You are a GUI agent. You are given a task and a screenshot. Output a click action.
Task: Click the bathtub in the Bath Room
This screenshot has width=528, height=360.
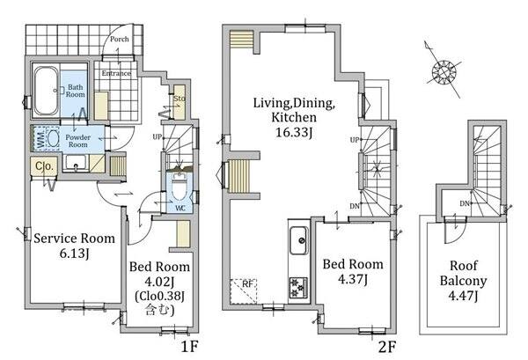pyautogui.click(x=46, y=91)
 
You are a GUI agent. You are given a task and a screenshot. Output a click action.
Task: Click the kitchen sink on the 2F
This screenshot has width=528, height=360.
pyautogui.click(x=298, y=241)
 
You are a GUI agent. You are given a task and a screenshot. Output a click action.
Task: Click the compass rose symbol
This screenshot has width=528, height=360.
pyautogui.click(x=444, y=72)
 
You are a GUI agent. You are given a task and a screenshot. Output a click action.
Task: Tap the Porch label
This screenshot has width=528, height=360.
pyautogui.click(x=119, y=39)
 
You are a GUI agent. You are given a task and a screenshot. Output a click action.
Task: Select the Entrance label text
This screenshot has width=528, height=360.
pyautogui.click(x=116, y=73)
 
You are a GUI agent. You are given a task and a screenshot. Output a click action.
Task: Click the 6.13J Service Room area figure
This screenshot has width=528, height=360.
pyautogui.click(x=74, y=253)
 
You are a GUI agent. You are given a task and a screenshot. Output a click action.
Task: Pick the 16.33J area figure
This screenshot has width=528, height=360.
pyautogui.click(x=294, y=132)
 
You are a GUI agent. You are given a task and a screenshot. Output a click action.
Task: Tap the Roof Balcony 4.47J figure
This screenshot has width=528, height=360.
pyautogui.click(x=463, y=296)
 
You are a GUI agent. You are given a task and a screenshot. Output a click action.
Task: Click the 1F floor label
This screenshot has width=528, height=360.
pyautogui.click(x=189, y=346)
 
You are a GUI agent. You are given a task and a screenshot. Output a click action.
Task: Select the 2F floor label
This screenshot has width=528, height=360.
pyautogui.click(x=387, y=347)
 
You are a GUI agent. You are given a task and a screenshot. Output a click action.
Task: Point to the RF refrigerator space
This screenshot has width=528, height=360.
pyautogui.click(x=244, y=291)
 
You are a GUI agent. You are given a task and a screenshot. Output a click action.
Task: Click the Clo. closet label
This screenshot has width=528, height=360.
pyautogui.click(x=45, y=166)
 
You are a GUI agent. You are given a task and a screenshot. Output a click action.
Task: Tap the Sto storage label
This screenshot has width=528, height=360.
pyautogui.click(x=180, y=99)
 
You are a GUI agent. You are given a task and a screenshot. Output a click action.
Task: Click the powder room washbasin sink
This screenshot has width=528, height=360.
pyautogui.click(x=76, y=164)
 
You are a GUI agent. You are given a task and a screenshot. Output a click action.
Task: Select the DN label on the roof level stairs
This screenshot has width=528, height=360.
pyautogui.click(x=465, y=203)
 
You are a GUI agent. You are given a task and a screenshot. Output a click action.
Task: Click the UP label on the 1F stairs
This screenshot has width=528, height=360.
pyautogui.click(x=158, y=137)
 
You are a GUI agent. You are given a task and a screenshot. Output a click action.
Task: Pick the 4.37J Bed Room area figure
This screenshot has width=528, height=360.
pyautogui.click(x=353, y=279)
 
